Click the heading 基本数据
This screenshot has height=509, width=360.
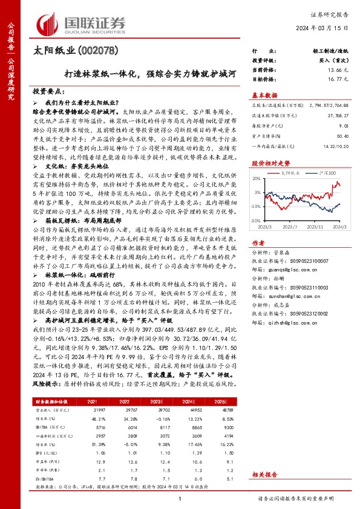pyautogui.click(x=264, y=96)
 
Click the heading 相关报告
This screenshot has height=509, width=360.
pyautogui.click(x=264, y=475)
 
